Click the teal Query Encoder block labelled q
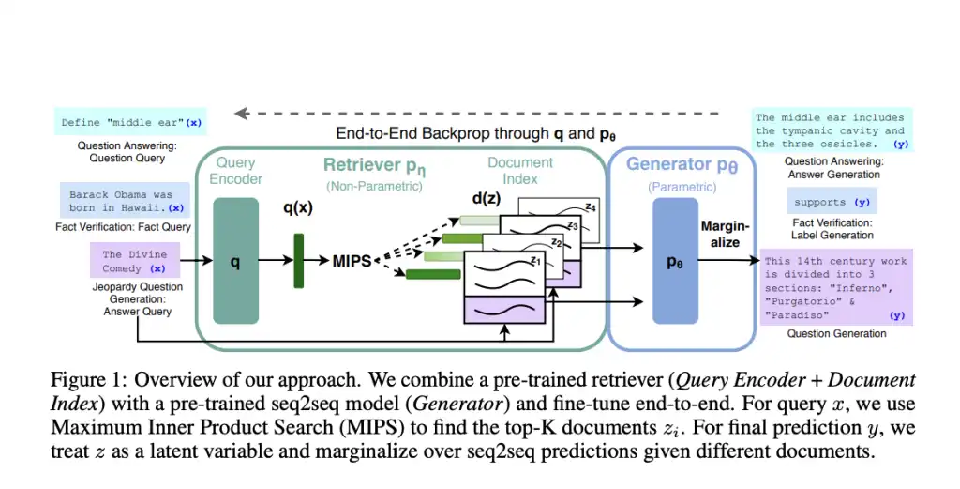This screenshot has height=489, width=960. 235,264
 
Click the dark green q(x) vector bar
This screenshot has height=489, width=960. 300,260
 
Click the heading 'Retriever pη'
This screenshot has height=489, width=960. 375,165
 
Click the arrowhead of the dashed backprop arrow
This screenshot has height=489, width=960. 242,114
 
